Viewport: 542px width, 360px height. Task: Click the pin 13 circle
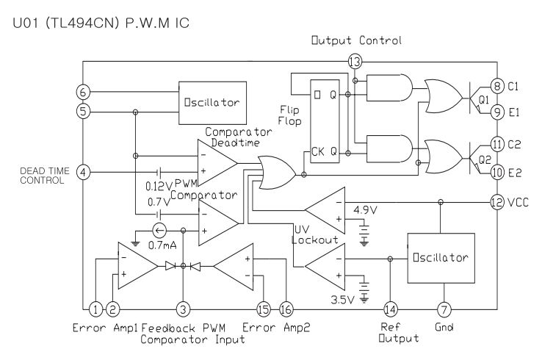coord(355,62)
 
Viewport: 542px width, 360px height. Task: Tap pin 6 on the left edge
coord(83,93)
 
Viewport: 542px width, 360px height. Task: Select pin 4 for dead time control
coord(83,172)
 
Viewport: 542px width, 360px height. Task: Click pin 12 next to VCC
coord(497,202)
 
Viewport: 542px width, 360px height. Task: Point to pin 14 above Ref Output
coord(390,309)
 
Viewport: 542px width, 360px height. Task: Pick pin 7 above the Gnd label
coord(444,309)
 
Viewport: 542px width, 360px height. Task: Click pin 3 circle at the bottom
coord(183,309)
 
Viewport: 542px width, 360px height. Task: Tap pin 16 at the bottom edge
coord(286,309)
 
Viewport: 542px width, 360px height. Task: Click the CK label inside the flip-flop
coord(318,151)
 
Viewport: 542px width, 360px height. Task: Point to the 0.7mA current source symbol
coord(159,230)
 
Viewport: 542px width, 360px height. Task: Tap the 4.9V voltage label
coord(365,210)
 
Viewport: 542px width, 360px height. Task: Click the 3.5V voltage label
coord(342,300)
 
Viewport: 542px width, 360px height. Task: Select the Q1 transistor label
coord(484,100)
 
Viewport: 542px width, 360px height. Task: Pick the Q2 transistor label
coord(485,159)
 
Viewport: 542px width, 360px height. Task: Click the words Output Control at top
coord(356,40)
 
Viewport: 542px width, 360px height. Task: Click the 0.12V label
coord(159,187)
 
